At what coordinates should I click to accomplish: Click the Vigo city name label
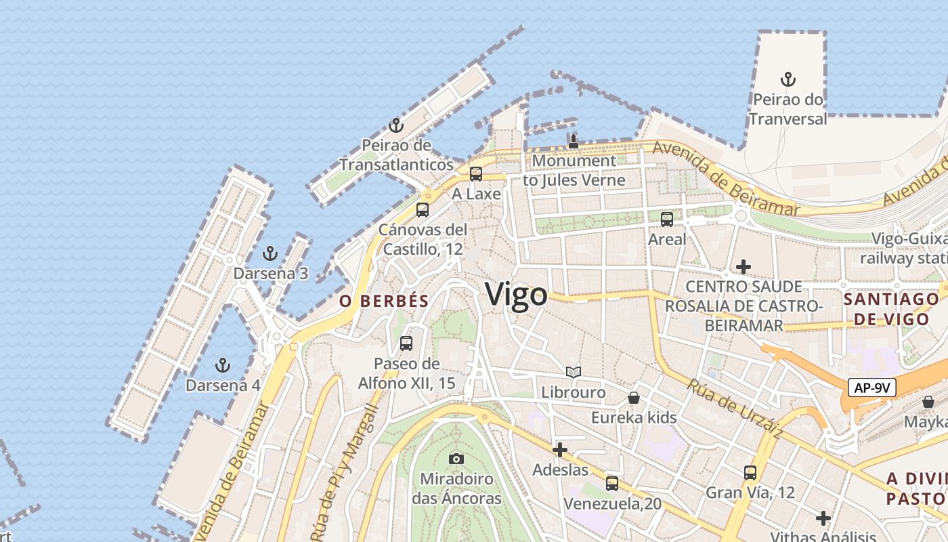(516, 295)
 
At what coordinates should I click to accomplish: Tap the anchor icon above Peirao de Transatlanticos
(396, 125)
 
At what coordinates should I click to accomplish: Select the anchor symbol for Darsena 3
(270, 254)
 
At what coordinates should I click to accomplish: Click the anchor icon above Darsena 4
(223, 366)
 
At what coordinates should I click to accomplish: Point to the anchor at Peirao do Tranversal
(788, 79)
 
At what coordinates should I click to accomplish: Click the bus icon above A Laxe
(476, 174)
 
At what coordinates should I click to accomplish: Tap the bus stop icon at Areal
(667, 220)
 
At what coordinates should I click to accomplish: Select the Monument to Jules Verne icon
(574, 141)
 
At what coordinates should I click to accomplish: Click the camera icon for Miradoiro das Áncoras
(456, 459)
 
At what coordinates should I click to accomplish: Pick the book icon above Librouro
(574, 372)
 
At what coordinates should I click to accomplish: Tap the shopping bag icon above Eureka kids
(634, 397)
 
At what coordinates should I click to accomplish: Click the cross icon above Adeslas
(560, 450)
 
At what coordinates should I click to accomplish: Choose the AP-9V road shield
(872, 388)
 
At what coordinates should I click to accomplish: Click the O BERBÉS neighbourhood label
(384, 301)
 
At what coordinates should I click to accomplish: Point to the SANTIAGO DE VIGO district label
(891, 309)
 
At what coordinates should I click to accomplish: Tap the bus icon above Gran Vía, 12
(750, 473)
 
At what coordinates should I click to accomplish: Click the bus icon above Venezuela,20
(612, 484)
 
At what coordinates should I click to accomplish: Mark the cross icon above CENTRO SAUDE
(744, 267)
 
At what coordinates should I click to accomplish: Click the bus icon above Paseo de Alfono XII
(406, 343)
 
